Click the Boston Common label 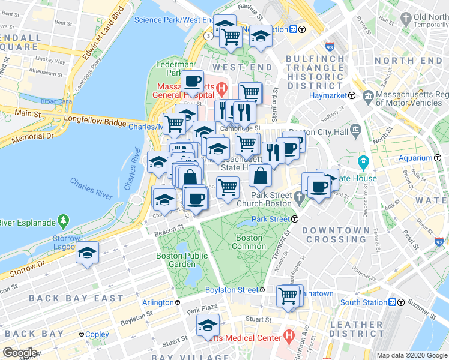(249, 242)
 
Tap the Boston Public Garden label (181, 260)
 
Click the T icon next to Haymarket (351, 95)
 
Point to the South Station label (363, 302)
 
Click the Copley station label (97, 334)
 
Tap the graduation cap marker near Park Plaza (208, 325)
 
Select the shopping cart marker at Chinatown (288, 295)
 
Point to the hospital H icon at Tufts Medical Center (289, 334)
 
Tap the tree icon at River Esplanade (64, 221)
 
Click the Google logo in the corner (20, 353)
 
